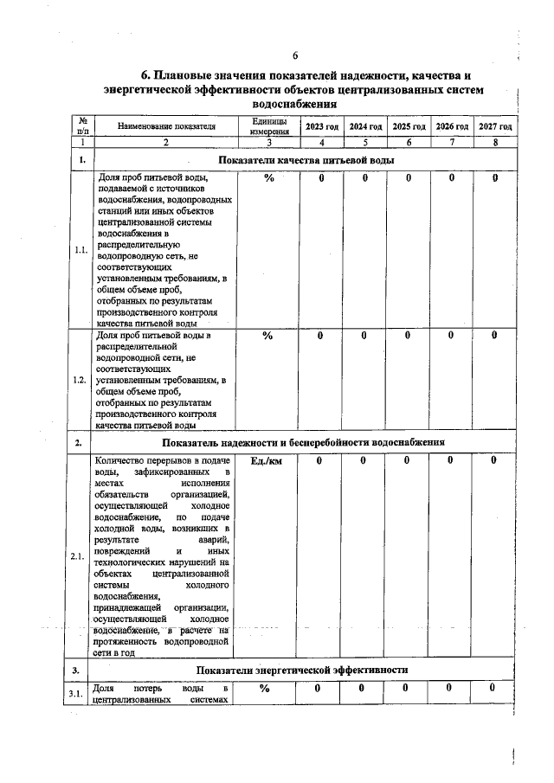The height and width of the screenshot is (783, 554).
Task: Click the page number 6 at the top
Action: click(x=294, y=57)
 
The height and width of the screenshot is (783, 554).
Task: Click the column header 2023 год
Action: click(x=321, y=127)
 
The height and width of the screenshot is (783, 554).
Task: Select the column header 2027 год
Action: click(x=495, y=127)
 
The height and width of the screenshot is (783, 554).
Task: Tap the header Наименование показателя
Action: click(x=167, y=127)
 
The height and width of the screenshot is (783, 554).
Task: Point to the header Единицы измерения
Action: click(x=269, y=127)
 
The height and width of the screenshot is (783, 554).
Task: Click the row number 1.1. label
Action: click(x=81, y=250)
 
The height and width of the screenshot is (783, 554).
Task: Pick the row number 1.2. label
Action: click(x=81, y=381)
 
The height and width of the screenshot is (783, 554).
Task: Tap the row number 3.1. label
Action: click(x=81, y=695)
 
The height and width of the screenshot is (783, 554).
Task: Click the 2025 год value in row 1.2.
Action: click(x=407, y=336)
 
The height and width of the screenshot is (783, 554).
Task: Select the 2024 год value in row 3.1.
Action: click(x=364, y=688)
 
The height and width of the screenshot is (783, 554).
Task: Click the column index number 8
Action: click(x=495, y=141)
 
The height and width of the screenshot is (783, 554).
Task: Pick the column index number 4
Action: click(x=321, y=141)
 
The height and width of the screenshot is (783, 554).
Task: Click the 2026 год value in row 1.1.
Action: click(x=451, y=178)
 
